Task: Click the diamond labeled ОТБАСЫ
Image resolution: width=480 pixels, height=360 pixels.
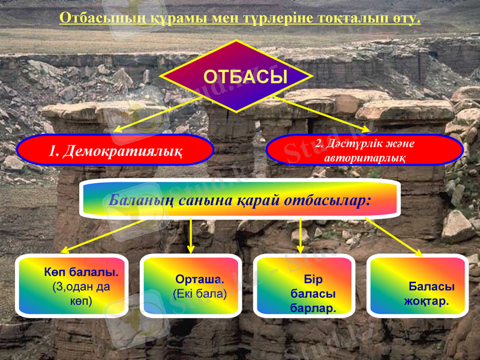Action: click(x=236, y=76)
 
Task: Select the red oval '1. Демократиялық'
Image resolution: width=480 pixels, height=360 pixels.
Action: click(x=115, y=150)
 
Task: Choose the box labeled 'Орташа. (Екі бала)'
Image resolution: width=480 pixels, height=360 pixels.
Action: click(x=191, y=284)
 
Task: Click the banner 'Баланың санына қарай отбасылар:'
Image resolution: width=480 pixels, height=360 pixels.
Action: click(x=240, y=199)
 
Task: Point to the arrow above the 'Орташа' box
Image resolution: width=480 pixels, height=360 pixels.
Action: click(x=191, y=235)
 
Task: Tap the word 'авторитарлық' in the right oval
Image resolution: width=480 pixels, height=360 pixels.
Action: click(x=364, y=158)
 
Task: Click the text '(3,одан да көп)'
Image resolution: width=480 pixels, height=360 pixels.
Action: click(x=81, y=293)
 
